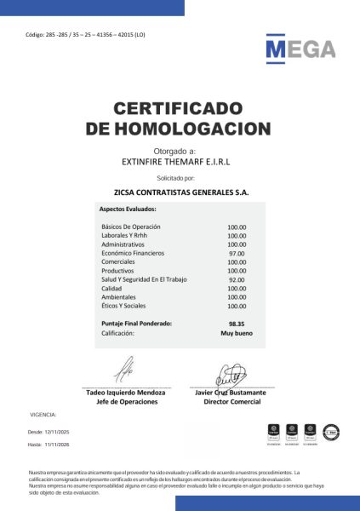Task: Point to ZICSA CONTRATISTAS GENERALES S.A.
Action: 181,192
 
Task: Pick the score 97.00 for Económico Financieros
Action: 237,254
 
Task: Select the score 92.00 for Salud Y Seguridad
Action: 237,279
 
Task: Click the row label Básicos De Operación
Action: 131,227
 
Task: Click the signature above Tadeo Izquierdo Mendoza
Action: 124,370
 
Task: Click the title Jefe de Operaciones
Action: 125,401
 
